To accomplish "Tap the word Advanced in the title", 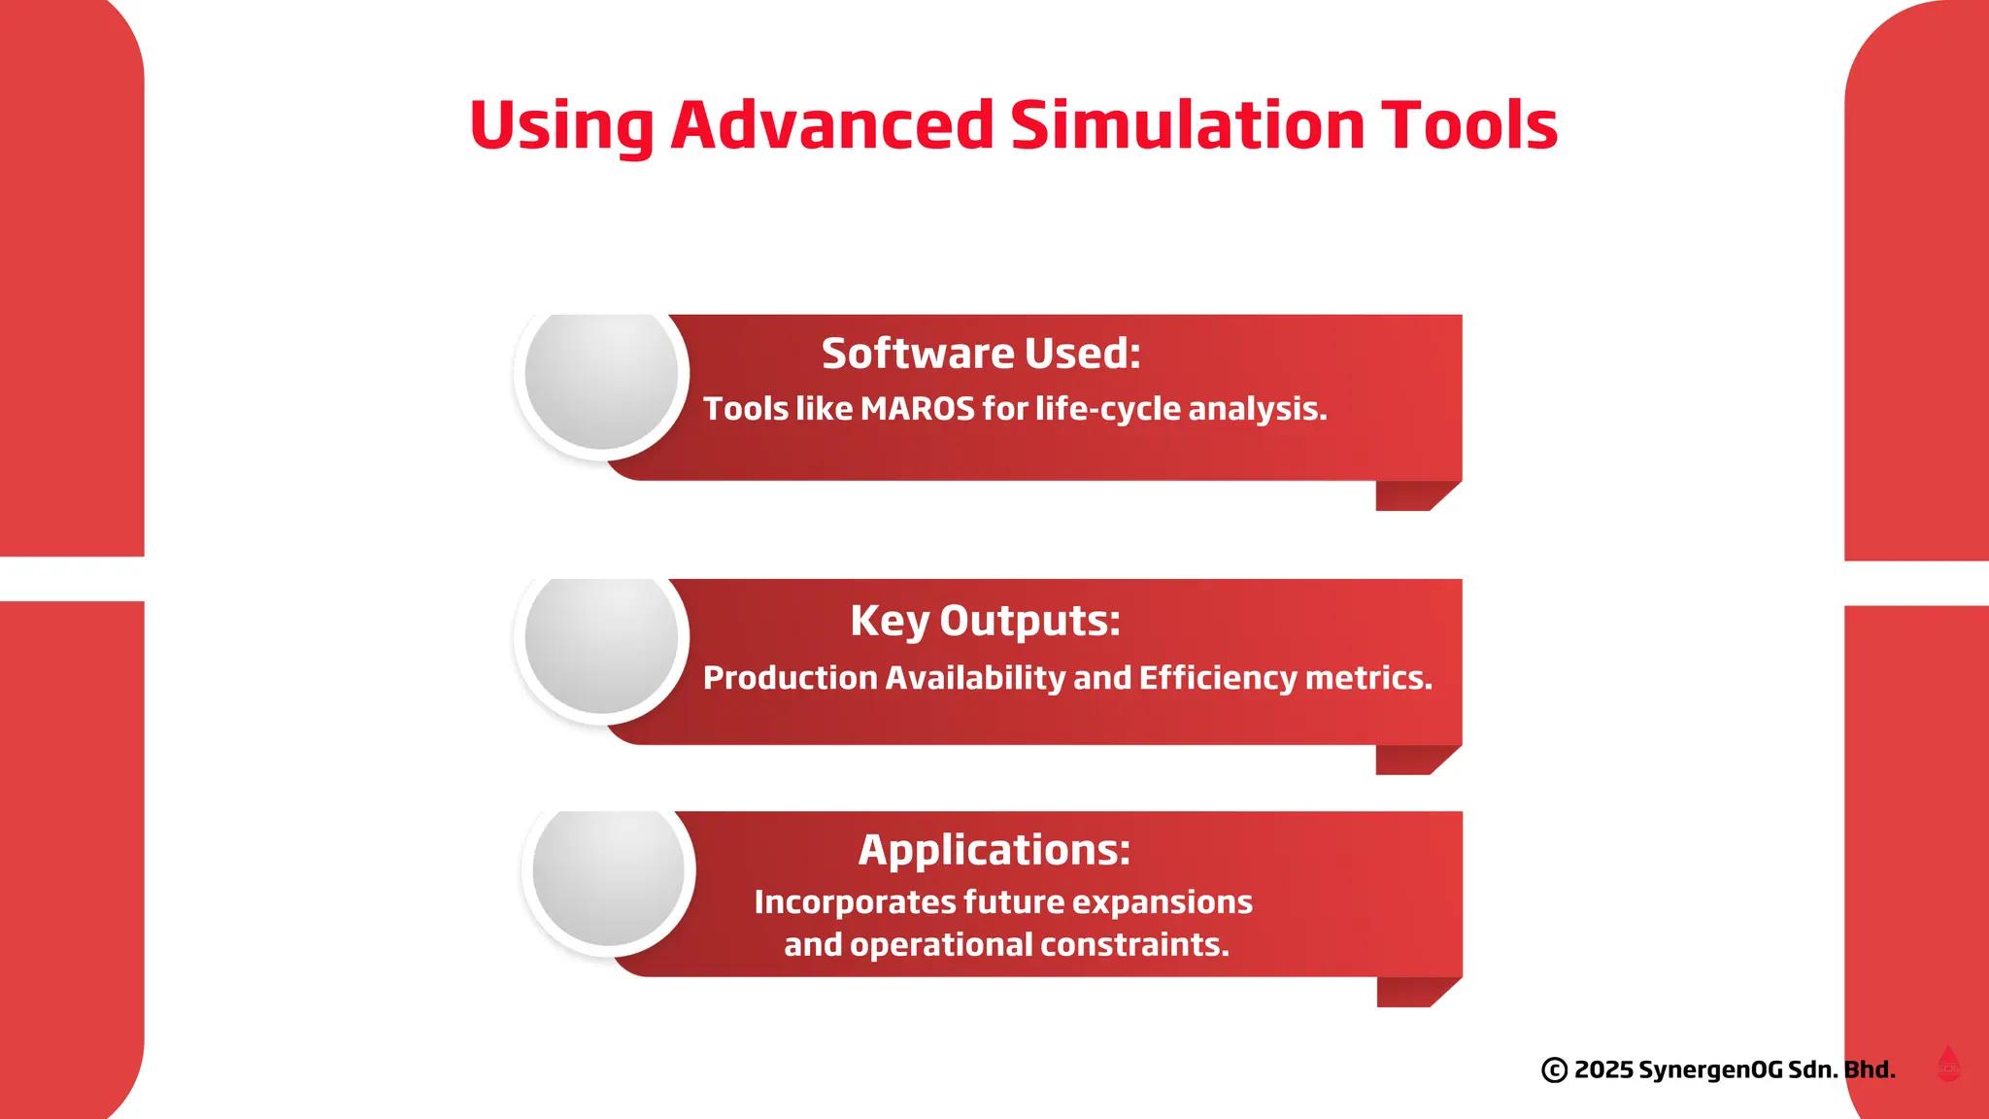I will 832,125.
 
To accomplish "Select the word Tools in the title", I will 1469,125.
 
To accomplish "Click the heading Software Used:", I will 981,353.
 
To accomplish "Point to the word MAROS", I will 917,409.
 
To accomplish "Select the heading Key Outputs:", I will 985,621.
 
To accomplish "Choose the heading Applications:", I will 994,850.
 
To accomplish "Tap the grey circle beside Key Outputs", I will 601,641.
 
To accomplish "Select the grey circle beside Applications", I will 609,873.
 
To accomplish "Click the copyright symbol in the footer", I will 1554,1070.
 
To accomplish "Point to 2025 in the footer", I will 1603,1070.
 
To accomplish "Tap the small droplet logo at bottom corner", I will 1948,1065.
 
